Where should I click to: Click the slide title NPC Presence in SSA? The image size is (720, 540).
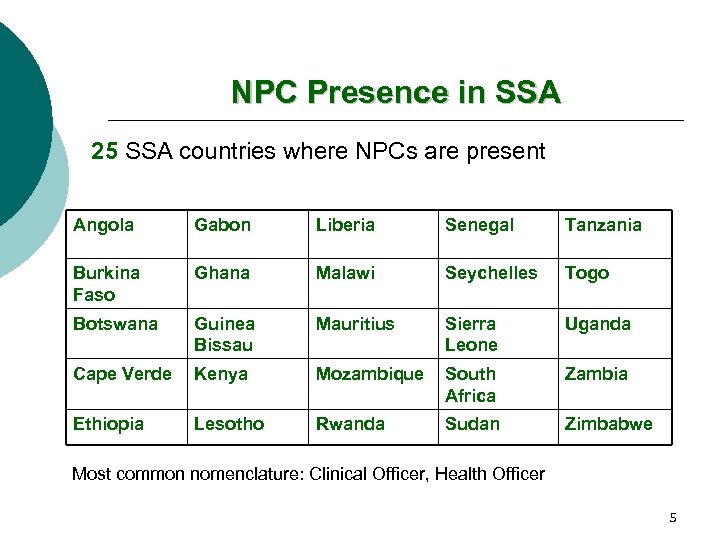(x=396, y=93)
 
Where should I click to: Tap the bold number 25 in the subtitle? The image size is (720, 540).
(x=104, y=151)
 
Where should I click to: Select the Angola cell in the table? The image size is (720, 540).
(x=103, y=225)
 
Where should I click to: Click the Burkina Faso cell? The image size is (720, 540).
(x=107, y=283)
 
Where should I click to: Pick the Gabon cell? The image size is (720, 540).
(x=222, y=225)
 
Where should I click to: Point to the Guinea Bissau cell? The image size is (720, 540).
(x=224, y=334)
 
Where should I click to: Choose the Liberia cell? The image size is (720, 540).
(x=345, y=225)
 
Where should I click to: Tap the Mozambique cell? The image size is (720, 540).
(x=369, y=374)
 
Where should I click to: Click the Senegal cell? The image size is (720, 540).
(x=479, y=225)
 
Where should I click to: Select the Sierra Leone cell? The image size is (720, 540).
(x=471, y=334)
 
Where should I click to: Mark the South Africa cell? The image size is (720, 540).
(x=470, y=384)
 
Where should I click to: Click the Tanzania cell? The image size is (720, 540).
(x=603, y=225)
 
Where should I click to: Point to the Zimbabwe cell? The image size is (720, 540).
(x=608, y=424)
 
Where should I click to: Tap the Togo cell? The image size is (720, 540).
(x=586, y=273)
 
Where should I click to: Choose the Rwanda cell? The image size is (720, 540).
(x=350, y=424)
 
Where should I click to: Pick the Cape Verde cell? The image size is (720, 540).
(x=122, y=374)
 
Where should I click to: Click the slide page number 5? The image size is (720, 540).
(x=673, y=517)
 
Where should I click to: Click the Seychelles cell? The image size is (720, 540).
(x=491, y=273)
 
